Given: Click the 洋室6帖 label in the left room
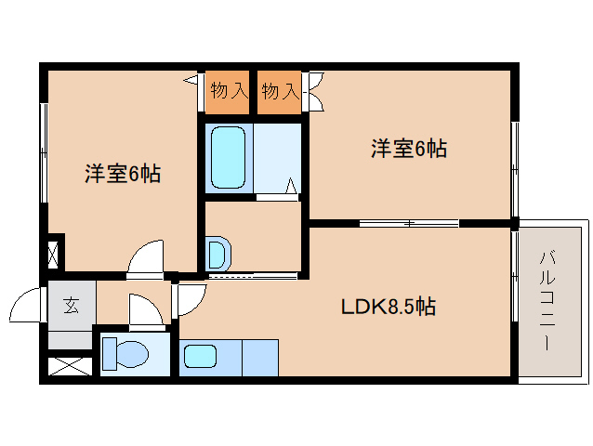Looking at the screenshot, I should pyautogui.click(x=123, y=174).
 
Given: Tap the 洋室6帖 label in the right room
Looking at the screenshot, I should pyautogui.click(x=409, y=149).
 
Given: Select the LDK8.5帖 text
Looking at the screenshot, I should pyautogui.click(x=389, y=306).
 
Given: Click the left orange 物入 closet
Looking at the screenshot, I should pyautogui.click(x=229, y=91).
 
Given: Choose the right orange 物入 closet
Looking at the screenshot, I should pyautogui.click(x=281, y=91).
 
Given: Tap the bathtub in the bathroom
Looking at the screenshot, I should pyautogui.click(x=229, y=156).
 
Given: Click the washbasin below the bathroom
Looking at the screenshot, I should pyautogui.click(x=217, y=253).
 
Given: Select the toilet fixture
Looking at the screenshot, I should pyautogui.click(x=125, y=354).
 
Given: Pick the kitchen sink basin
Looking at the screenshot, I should pyautogui.click(x=201, y=356).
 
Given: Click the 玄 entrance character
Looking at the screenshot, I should pyautogui.click(x=72, y=305).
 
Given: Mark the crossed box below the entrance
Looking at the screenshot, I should pyautogui.click(x=71, y=364).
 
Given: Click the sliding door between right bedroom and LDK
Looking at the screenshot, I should pyautogui.click(x=409, y=223).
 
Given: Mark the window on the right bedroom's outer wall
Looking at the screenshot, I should pyautogui.click(x=515, y=167).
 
